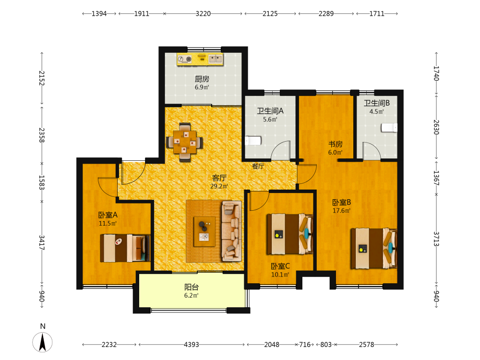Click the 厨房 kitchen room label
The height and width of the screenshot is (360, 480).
click(x=202, y=79)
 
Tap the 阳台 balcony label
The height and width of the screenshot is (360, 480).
click(x=192, y=287)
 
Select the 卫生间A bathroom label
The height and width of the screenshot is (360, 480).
click(x=270, y=111)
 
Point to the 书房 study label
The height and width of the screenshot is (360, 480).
click(x=335, y=144)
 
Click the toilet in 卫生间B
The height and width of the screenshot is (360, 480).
click(x=389, y=127)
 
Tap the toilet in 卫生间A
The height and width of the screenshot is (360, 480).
click(x=253, y=141)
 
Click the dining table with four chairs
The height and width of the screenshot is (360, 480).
click(x=184, y=142)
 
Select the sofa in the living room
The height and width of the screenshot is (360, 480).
click(x=231, y=231)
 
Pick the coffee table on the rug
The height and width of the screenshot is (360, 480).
click(x=204, y=231)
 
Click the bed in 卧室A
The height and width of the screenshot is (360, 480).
click(x=125, y=248)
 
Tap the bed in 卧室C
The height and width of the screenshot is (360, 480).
click(x=289, y=234)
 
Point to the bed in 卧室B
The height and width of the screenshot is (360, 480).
click(x=374, y=249)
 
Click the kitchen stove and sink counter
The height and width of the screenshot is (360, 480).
click(x=200, y=59)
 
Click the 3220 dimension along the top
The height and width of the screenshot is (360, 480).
click(x=203, y=14)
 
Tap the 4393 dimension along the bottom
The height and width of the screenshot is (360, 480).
click(x=192, y=345)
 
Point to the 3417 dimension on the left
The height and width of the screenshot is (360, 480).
click(x=42, y=243)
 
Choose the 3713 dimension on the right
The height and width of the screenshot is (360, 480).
click(x=436, y=239)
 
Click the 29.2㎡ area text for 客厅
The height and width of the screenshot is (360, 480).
click(x=219, y=186)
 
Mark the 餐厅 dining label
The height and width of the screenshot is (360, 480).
click(x=258, y=166)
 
